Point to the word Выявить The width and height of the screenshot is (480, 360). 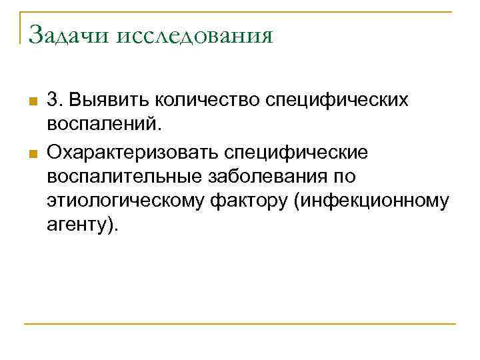pos(107,100)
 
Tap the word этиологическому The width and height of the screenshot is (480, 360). pos(123,201)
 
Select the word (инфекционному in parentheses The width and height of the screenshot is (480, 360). pos(369,201)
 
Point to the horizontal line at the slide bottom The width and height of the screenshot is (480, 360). pos(240,325)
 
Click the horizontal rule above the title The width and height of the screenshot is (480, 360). pos(240,12)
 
